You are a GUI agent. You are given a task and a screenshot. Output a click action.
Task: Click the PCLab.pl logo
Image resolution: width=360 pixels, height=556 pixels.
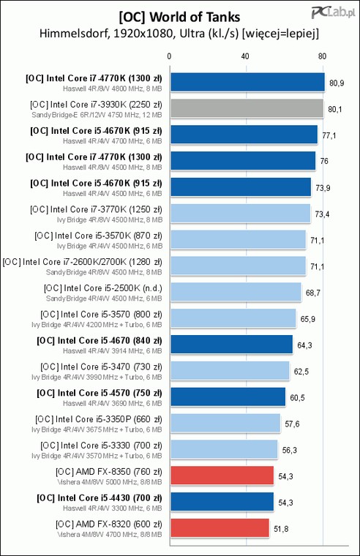click(x=333, y=13)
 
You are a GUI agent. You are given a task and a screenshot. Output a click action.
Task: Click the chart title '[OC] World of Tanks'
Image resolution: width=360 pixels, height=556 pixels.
click(x=179, y=17)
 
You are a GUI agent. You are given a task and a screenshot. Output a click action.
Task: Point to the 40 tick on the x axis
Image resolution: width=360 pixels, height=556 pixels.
click(x=244, y=56)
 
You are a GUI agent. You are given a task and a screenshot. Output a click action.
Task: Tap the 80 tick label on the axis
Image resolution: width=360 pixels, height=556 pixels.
click(x=322, y=56)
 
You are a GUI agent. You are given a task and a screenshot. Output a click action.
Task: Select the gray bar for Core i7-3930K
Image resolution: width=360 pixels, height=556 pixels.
click(x=247, y=108)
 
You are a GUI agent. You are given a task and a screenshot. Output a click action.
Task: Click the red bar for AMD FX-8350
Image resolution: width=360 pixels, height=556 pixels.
click(x=222, y=476)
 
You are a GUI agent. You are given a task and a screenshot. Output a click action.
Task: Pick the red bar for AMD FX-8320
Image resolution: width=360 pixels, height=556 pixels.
click(x=220, y=528)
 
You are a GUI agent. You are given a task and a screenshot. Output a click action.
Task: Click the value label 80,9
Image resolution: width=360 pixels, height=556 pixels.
click(x=337, y=83)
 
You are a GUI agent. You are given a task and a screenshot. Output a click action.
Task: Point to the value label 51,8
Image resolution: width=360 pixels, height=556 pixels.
click(x=281, y=529)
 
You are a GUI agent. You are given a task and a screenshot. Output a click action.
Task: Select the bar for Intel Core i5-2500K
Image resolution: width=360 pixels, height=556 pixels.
click(x=236, y=292)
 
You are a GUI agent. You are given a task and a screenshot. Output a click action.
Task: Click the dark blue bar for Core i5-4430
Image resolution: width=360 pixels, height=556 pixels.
click(x=222, y=502)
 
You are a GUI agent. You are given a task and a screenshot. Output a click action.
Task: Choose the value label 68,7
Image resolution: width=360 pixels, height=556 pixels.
click(x=313, y=293)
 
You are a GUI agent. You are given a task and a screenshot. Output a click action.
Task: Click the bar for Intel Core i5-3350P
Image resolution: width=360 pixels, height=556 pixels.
click(x=225, y=423)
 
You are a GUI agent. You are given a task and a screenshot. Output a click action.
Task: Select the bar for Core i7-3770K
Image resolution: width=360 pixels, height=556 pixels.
click(x=241, y=214)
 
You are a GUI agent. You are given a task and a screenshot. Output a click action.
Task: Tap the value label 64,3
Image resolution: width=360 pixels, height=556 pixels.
click(x=304, y=345)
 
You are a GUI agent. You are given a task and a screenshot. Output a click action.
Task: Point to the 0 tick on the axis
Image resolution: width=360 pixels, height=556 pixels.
click(x=169, y=56)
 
